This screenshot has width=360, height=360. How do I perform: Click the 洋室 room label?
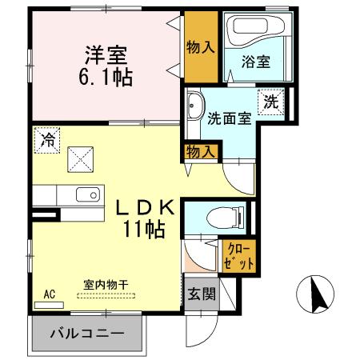(x=106, y=55)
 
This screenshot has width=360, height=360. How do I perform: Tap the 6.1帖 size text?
(x=106, y=78)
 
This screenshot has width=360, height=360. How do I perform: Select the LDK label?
(x=143, y=207)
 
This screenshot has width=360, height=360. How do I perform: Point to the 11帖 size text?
(x=144, y=230)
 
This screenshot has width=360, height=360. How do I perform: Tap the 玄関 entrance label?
(x=202, y=294)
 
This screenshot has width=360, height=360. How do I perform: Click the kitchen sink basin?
(x=85, y=194)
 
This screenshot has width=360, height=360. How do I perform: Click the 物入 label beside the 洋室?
(x=200, y=46)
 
